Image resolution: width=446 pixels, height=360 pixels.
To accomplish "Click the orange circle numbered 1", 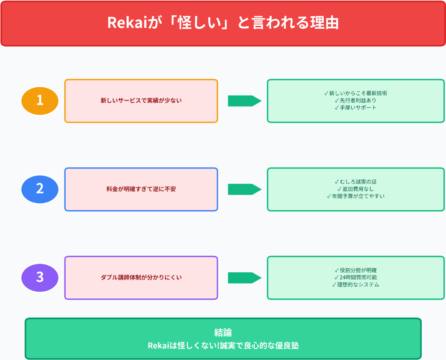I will (x=40, y=101).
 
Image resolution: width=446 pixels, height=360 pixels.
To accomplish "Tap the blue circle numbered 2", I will (x=40, y=189).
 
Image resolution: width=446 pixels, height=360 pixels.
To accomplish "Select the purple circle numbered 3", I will (x=40, y=278).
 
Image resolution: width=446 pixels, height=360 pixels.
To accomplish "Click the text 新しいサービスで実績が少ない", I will (x=141, y=101).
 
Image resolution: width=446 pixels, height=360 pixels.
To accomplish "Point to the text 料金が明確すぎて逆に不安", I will (x=141, y=189).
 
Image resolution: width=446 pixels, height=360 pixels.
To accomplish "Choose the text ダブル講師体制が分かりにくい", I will (x=141, y=278).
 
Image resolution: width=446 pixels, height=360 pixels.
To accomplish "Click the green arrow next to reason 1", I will (x=244, y=101).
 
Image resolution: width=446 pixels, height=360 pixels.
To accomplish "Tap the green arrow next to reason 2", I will (x=244, y=189).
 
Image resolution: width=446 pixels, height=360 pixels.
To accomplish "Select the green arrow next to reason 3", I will (x=244, y=278).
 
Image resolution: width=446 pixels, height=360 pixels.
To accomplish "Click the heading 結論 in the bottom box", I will (x=223, y=333).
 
